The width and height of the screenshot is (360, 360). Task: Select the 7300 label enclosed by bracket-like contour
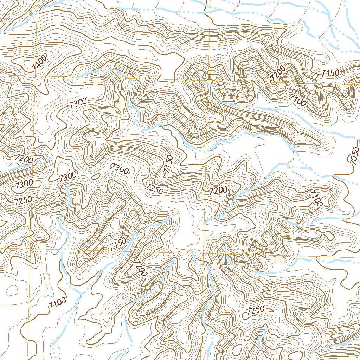pos(120,169)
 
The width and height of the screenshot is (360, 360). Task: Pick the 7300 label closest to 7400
pos(78,103)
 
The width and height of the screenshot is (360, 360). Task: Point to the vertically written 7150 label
pos(168,163)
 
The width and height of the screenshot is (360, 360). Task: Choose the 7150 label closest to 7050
pos(330,73)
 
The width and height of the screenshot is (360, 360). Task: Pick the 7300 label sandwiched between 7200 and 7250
pos(24,183)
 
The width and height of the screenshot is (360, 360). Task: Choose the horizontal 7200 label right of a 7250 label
pos(218,191)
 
